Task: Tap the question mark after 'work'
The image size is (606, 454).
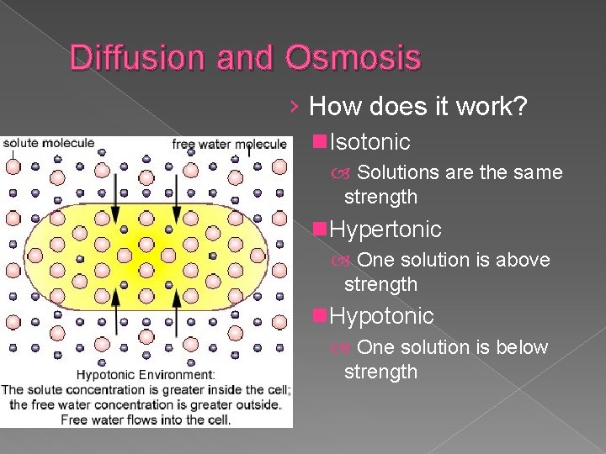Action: (x=520, y=107)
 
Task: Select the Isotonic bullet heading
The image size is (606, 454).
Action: (x=369, y=141)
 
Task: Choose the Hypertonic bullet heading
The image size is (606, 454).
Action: (x=385, y=229)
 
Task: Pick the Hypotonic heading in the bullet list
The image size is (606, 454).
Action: (x=381, y=316)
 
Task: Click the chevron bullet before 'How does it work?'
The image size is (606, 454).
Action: (x=292, y=107)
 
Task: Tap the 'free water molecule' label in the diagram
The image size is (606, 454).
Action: (x=229, y=144)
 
